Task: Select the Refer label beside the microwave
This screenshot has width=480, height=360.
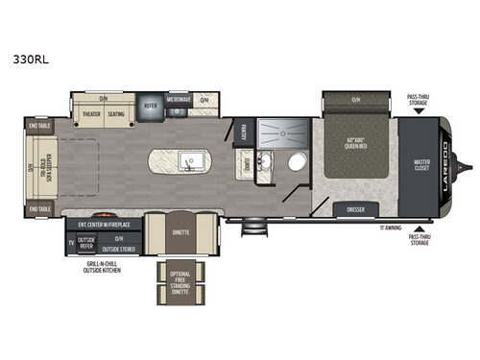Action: (x=151, y=107)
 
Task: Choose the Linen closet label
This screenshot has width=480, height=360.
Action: (x=248, y=164)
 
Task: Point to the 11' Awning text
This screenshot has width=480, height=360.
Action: (x=390, y=228)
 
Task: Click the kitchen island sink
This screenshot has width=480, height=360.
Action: (x=188, y=158)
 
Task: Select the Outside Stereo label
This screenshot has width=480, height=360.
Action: (x=119, y=247)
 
